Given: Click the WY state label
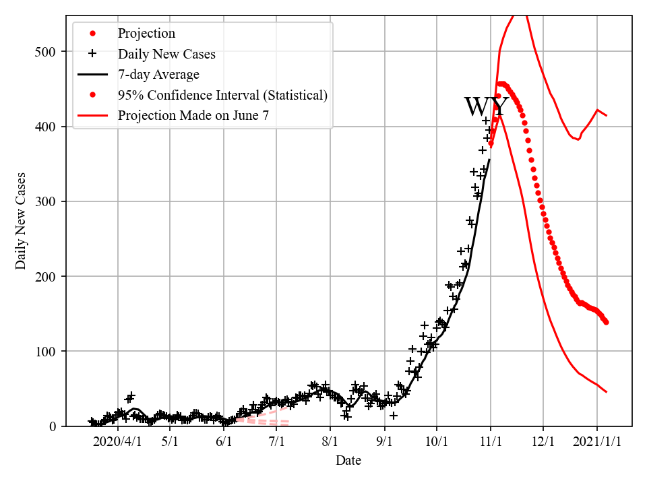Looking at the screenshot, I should (486, 108).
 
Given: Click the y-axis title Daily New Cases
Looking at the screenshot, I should (21, 221).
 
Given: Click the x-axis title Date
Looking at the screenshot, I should (348, 461).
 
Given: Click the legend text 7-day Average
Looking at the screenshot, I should (158, 74).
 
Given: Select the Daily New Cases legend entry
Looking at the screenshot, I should (166, 54).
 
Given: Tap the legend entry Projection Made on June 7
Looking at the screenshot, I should (193, 115).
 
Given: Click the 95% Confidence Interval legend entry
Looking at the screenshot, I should (222, 95).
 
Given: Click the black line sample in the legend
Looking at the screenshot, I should (92, 74).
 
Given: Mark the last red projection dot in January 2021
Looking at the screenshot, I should (606, 322).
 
